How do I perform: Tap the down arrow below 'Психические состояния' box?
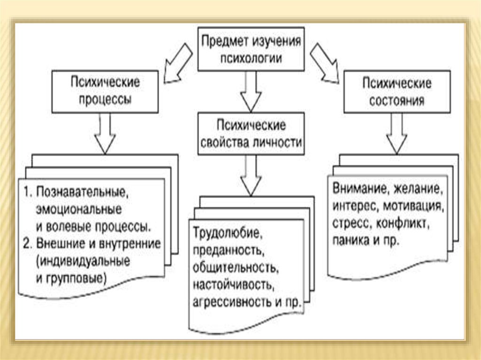click(397, 133)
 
